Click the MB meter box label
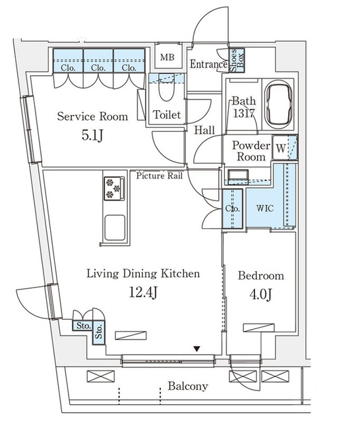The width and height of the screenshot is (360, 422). [x=167, y=57]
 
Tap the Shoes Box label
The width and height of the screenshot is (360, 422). [x=237, y=60]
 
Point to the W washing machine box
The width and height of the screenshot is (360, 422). [x=281, y=148]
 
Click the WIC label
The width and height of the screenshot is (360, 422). [x=265, y=208]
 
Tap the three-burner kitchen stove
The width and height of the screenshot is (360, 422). [x=114, y=189]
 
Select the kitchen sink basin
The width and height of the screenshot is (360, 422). [x=115, y=227]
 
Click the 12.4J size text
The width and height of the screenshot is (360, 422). [x=144, y=293]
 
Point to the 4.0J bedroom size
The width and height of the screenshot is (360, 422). [x=260, y=295]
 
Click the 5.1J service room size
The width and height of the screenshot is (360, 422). [x=92, y=135]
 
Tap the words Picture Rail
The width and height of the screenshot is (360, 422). [x=160, y=176]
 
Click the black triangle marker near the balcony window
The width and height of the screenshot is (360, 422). [x=197, y=349]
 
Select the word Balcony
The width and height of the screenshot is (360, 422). [x=188, y=386]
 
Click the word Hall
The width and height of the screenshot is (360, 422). [x=204, y=131]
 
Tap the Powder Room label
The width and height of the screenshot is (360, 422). [x=251, y=151]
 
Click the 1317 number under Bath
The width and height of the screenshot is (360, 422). [x=244, y=113]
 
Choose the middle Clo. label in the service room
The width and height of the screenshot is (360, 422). [x=98, y=68]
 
